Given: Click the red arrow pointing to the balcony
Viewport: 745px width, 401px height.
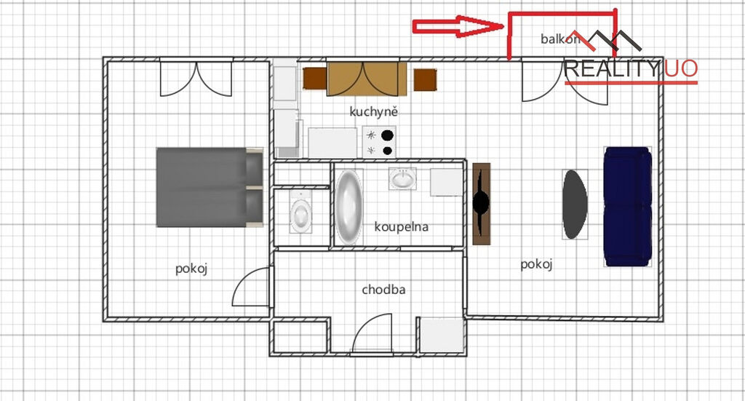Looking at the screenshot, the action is pos(458,26).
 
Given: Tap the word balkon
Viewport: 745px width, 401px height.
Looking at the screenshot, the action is pos(560,39).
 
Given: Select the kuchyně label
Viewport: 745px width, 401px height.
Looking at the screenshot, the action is pos(373,111).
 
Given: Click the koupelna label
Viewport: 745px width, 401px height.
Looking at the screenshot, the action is pos(401,227).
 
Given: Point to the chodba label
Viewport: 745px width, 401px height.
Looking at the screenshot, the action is pos(383,290).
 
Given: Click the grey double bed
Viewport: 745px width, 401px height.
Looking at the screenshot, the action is pos(210,187).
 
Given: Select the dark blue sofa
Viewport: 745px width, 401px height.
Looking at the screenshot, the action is pos(628,206).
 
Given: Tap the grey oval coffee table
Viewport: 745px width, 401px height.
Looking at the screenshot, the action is pos(575,205).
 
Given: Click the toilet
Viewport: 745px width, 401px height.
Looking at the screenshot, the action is pos(300,212).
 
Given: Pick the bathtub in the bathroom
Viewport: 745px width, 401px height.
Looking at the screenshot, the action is pos(349,207).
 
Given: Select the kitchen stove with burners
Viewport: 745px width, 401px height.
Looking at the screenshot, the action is pos(379,142).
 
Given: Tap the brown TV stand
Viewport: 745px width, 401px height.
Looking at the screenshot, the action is pos(482,204).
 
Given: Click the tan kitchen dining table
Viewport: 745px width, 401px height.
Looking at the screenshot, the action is pos(367,79).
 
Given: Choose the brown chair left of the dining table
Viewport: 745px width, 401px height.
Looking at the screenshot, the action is pos(315,79).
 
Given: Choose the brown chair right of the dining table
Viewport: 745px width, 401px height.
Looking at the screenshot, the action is pos(425,80).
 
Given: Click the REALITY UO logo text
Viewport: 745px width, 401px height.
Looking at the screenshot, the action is pos(631,69).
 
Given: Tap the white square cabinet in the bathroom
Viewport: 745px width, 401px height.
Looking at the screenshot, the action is pos(446,182).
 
